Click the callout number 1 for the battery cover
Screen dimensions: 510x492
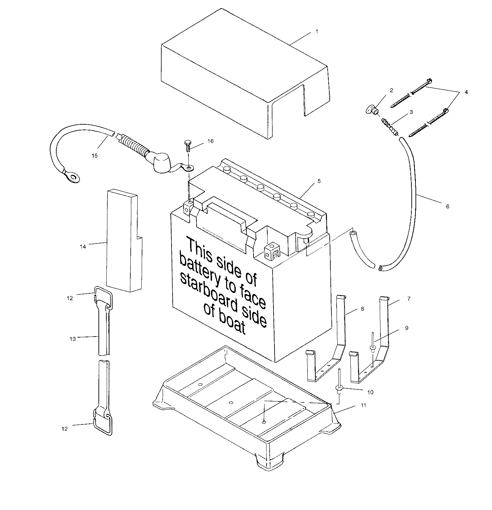click(x=317, y=31)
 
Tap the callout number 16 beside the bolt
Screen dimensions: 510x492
click(x=210, y=141)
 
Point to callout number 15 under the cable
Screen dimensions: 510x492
click(x=95, y=156)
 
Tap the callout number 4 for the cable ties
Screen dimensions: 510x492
click(x=466, y=92)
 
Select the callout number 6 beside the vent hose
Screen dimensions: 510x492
click(x=447, y=206)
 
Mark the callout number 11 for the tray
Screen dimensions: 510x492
click(x=363, y=405)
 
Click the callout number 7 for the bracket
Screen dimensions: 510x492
click(x=408, y=299)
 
